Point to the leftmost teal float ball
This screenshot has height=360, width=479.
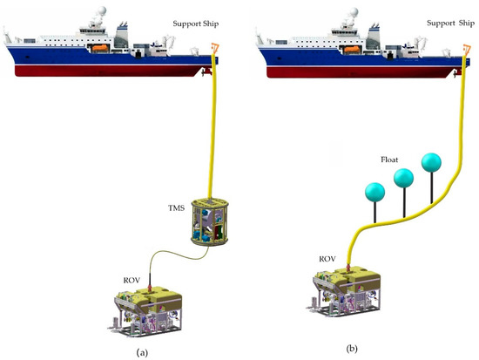coord(375,192)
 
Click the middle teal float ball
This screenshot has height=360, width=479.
coord(403,178)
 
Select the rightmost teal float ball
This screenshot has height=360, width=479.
coord(432,163)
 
